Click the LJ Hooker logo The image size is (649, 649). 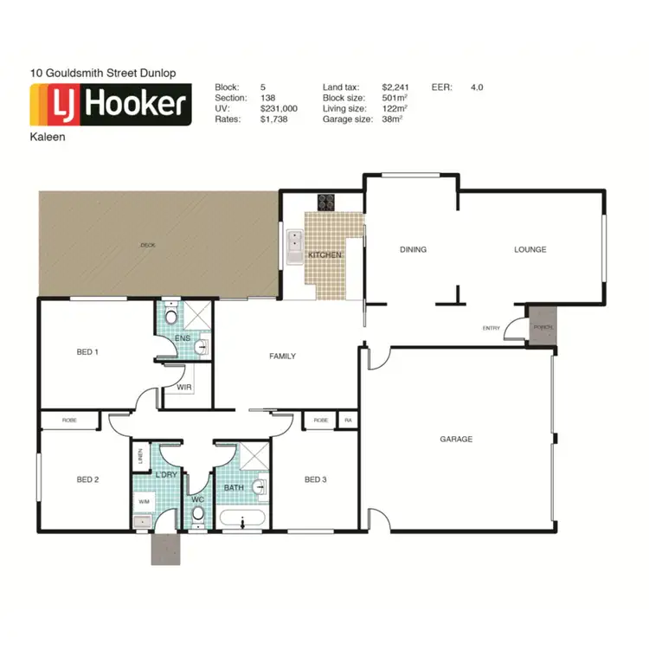click(x=110, y=105)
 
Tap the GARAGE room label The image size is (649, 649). click(x=456, y=440)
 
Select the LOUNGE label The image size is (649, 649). click(x=530, y=250)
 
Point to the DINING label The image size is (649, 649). click(x=413, y=250)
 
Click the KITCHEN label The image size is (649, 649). click(x=325, y=256)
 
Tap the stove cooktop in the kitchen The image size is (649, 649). click(x=327, y=202)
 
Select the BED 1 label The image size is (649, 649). click(x=87, y=352)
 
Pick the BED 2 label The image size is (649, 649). click(x=87, y=479)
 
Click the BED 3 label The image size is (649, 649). click(x=315, y=479)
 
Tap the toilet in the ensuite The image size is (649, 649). click(x=170, y=315)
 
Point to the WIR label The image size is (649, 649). click(x=183, y=388)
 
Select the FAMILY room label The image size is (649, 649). click(x=282, y=357)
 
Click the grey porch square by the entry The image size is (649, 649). click(x=542, y=327)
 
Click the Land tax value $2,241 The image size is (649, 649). click(x=395, y=87)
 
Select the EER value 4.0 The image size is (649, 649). click(x=477, y=87)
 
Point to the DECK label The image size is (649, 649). click(x=147, y=246)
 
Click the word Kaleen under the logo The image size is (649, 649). click(x=47, y=137)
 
